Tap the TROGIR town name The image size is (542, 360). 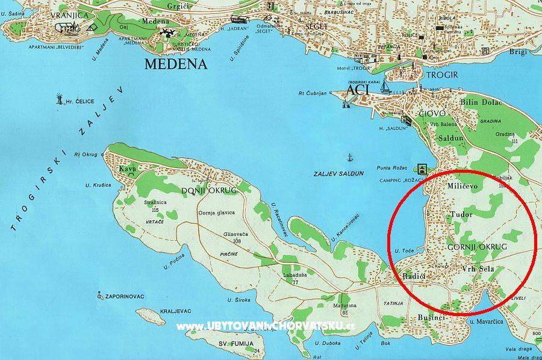(442, 75)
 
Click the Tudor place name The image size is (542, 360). (462, 214)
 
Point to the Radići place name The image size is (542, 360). (414, 275)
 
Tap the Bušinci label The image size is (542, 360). (431, 317)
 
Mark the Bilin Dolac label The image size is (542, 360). (481, 102)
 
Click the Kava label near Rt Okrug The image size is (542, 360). (128, 168)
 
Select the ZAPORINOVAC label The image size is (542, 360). (130, 297)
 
